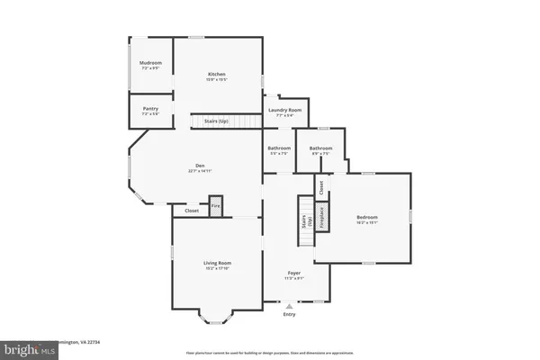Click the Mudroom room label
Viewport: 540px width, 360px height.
click(x=150, y=65)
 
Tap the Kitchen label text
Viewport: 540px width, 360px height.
click(x=217, y=74)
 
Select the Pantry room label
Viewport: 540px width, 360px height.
click(x=150, y=109)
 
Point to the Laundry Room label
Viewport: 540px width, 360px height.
click(x=285, y=110)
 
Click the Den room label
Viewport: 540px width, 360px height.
click(x=201, y=165)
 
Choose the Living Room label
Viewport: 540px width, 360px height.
click(x=217, y=263)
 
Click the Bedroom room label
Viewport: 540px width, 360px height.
click(x=367, y=217)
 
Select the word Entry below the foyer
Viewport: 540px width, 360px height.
click(x=289, y=314)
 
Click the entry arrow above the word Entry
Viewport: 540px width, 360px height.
click(x=289, y=306)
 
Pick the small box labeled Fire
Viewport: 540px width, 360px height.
click(x=215, y=206)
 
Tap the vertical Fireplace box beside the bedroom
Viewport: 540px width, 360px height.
click(x=319, y=218)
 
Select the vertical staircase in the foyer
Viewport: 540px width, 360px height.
click(x=305, y=222)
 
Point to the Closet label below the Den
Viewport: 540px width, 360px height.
click(x=192, y=211)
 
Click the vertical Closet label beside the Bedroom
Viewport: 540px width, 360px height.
click(x=320, y=187)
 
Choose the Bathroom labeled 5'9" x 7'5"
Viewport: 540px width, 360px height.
click(x=279, y=148)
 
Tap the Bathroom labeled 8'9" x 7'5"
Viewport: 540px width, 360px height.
click(x=320, y=148)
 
